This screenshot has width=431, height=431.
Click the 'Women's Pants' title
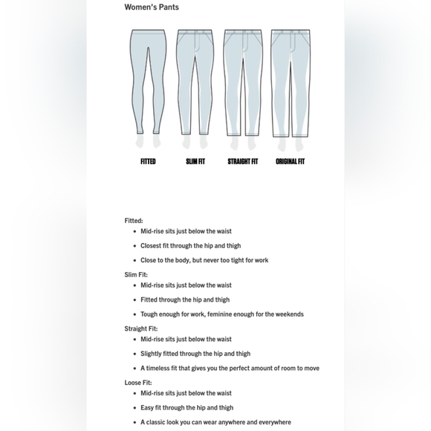click(152, 7)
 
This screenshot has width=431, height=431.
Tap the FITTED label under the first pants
click(148, 161)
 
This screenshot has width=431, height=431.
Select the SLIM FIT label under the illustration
click(195, 161)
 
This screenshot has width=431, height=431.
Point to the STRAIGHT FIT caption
click(243, 161)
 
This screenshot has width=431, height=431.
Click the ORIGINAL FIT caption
click(290, 161)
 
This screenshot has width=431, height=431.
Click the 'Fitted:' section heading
click(134, 221)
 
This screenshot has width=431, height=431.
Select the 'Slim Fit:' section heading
click(136, 275)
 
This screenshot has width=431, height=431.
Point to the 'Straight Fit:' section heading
click(141, 328)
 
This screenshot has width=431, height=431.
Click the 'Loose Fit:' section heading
click(138, 383)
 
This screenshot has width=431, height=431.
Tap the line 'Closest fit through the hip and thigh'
click(191, 246)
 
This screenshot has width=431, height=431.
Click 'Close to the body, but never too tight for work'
click(204, 260)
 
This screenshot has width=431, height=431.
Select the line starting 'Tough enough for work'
click(222, 314)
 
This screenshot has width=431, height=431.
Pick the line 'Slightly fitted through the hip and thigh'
click(195, 354)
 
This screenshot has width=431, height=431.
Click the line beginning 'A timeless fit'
click(230, 369)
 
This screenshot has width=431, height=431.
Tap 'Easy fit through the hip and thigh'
click(187, 408)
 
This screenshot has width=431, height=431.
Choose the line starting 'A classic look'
click(215, 422)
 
